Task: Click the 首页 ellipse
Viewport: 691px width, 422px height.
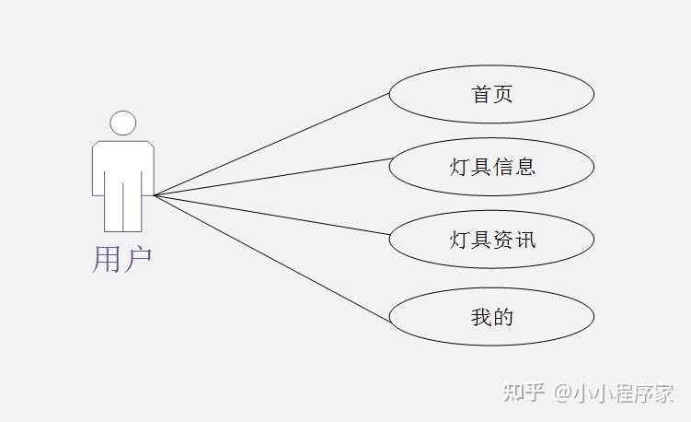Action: [491, 94]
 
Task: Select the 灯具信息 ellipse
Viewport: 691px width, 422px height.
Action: [491, 167]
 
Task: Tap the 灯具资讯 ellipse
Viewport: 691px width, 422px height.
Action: [491, 240]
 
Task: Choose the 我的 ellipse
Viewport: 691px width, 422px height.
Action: [491, 317]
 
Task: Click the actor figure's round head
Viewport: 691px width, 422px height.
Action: [122, 123]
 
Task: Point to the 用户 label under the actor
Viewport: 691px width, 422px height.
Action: [121, 259]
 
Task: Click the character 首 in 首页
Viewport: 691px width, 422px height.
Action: [481, 94]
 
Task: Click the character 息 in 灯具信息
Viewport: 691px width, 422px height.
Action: [525, 167]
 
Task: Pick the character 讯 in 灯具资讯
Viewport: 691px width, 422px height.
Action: [525, 240]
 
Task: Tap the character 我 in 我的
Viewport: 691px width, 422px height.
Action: [481, 317]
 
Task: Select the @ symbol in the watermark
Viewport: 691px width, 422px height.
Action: [561, 393]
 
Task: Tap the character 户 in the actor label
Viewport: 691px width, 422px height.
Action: [137, 259]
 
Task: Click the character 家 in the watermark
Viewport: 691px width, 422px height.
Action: [663, 393]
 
